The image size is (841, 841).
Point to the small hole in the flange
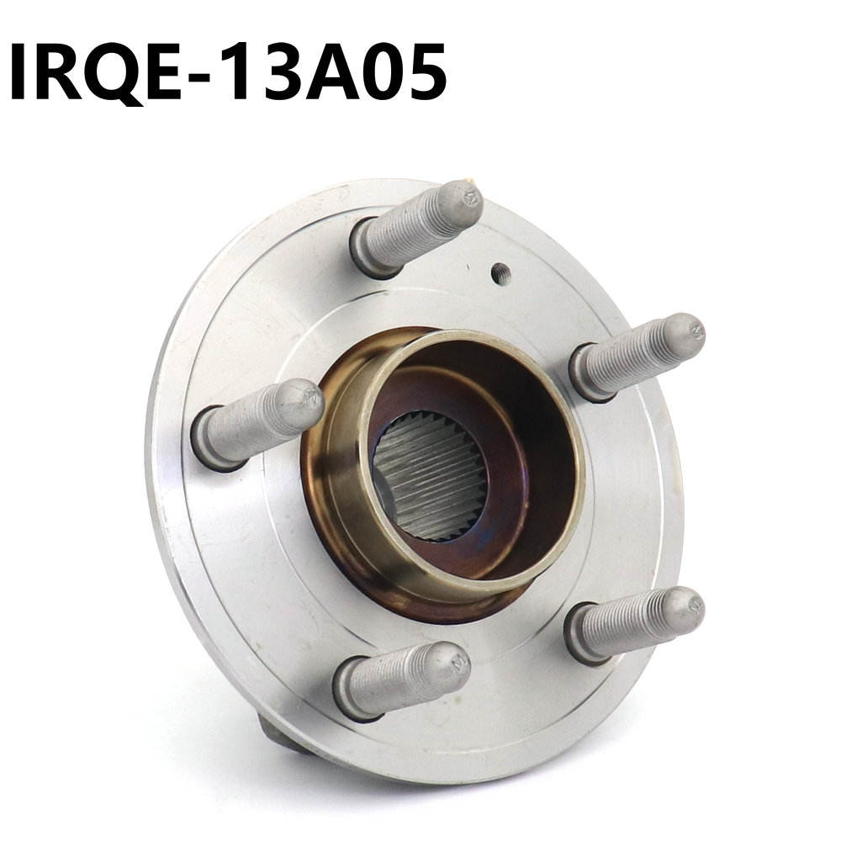tap(500, 272)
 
